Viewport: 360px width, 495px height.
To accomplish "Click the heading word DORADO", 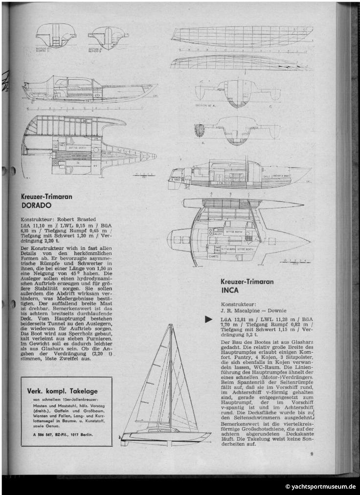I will pyautogui.click(x=36, y=205).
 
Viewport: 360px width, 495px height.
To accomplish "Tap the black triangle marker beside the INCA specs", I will pyautogui.click(x=208, y=319).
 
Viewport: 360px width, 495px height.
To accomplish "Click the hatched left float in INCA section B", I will pyautogui.click(x=199, y=130).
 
